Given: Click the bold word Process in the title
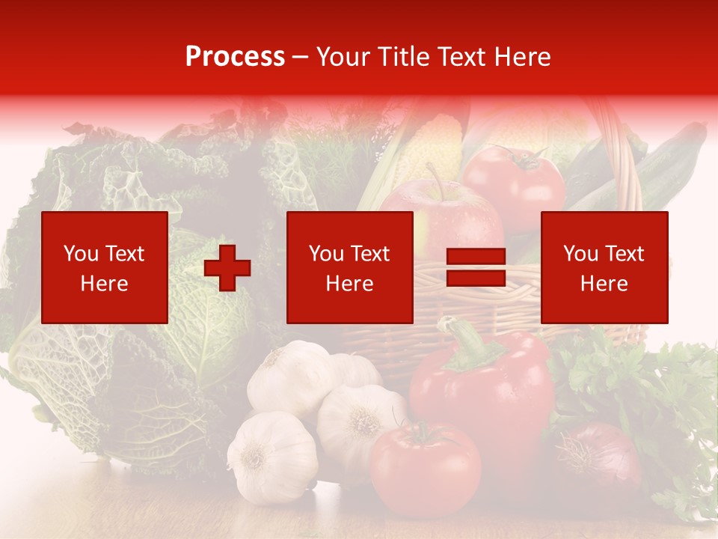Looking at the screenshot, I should [235, 57].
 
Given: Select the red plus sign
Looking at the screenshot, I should [227, 268].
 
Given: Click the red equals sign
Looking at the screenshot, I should [476, 268].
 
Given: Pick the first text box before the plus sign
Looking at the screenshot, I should [105, 267].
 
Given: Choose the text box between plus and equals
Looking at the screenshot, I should [349, 267].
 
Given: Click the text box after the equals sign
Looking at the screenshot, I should [604, 267].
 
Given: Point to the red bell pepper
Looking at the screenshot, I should [486, 389].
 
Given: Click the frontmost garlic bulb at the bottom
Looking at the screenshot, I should [273, 457].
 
